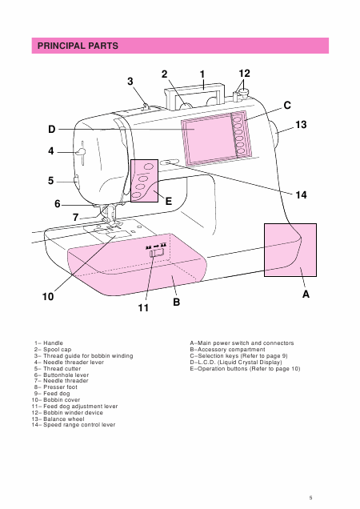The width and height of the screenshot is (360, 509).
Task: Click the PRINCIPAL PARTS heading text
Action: point(78,46)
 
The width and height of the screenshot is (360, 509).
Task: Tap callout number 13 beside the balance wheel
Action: point(301,125)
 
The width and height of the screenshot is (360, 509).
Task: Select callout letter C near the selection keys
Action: point(287,106)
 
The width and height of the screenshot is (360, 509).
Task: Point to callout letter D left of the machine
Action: point(52,129)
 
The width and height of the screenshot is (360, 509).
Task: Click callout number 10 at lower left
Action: point(48,296)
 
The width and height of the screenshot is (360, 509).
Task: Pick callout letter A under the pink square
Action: point(306,294)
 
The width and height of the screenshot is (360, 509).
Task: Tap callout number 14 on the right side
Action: point(301,194)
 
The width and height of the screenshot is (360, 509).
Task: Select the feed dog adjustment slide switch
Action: point(157,253)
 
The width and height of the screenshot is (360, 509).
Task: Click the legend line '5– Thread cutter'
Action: point(58,368)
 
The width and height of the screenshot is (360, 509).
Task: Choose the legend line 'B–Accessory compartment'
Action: point(227,349)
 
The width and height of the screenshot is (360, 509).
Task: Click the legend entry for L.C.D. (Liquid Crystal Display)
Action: point(236,362)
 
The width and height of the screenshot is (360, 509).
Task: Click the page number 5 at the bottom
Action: point(310,498)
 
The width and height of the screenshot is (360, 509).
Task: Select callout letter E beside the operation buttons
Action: point(169,201)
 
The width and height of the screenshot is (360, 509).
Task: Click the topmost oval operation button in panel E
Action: point(148,166)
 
